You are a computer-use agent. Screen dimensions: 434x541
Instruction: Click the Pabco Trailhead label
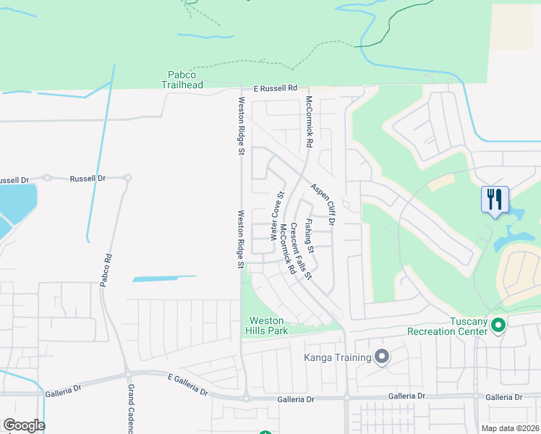point(182,79)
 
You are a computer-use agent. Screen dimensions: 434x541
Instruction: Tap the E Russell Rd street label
point(276,88)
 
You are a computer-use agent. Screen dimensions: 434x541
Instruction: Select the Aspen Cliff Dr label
point(322,204)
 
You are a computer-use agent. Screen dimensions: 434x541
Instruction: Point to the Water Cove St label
point(276,216)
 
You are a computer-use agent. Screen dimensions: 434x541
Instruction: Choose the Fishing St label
point(309,235)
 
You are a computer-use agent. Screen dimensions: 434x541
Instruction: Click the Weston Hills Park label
point(268,325)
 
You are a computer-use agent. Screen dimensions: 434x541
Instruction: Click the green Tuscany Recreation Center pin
point(498,327)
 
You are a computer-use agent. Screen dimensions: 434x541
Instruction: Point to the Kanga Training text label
point(338,357)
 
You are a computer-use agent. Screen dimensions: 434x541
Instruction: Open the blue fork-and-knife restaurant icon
point(495,199)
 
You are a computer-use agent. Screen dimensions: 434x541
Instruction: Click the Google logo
point(24,425)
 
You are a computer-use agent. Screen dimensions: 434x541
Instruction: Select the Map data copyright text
point(511,428)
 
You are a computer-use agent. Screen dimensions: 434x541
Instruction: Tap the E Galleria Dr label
point(187,385)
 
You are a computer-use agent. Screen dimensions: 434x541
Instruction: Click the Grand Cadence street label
point(132,409)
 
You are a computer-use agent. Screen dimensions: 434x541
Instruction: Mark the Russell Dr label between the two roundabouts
point(88,178)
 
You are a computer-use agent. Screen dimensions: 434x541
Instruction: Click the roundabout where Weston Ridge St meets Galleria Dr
point(245,397)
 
